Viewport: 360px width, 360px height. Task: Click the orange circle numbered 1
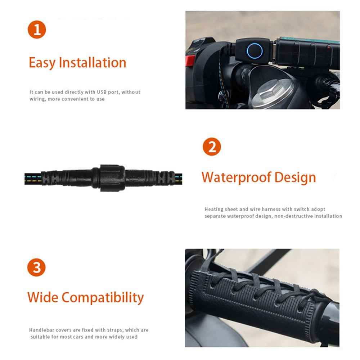[37, 29]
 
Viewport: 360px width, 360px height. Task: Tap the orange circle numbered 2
[212, 147]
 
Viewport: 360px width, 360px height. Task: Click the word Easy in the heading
[42, 63]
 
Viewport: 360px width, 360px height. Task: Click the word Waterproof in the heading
[236, 177]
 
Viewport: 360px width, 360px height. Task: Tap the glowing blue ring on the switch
[255, 50]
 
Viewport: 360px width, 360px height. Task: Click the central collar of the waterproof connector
[112, 178]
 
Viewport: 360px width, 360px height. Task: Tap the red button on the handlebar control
[190, 60]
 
